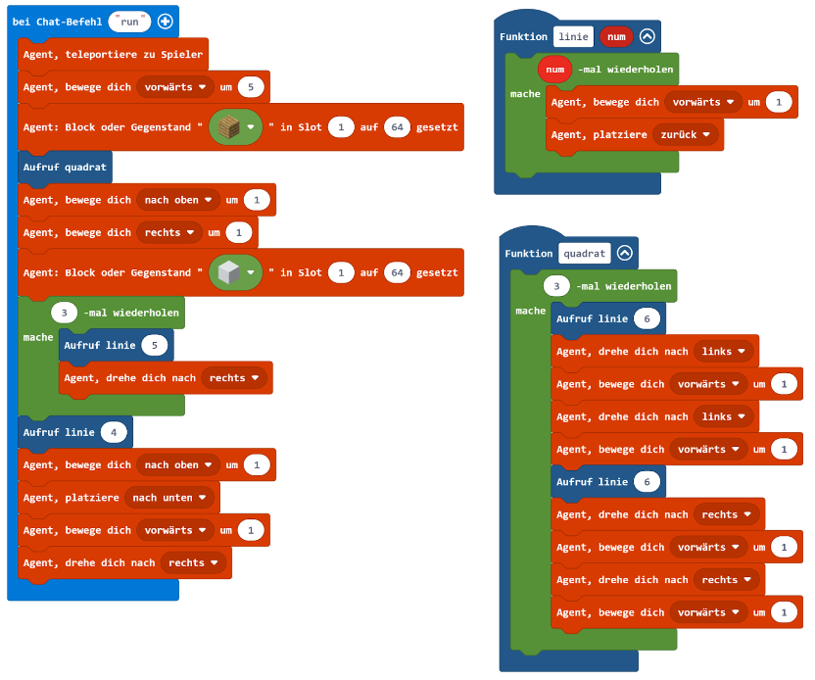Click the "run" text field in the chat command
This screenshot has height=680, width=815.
click(x=128, y=22)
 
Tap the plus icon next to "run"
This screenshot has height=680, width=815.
click(x=165, y=22)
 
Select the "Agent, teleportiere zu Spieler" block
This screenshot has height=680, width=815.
click(x=113, y=54)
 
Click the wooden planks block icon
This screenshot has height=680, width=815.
click(x=229, y=127)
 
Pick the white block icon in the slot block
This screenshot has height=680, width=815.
click(x=229, y=272)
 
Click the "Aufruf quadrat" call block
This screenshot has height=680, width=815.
click(x=65, y=167)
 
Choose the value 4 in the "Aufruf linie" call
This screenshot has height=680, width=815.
click(x=115, y=432)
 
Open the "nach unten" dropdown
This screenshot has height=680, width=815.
click(x=170, y=498)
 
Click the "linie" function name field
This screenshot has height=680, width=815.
click(x=573, y=37)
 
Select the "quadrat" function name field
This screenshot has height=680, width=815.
click(x=585, y=253)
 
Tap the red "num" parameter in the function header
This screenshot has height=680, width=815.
click(x=615, y=37)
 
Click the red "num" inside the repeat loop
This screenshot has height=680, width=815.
click(x=554, y=71)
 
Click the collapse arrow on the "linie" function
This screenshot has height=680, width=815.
click(x=647, y=37)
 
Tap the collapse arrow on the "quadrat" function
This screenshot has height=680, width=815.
click(x=624, y=253)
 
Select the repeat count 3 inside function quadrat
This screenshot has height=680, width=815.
click(x=556, y=286)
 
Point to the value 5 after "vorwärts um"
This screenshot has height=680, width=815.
click(x=252, y=87)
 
